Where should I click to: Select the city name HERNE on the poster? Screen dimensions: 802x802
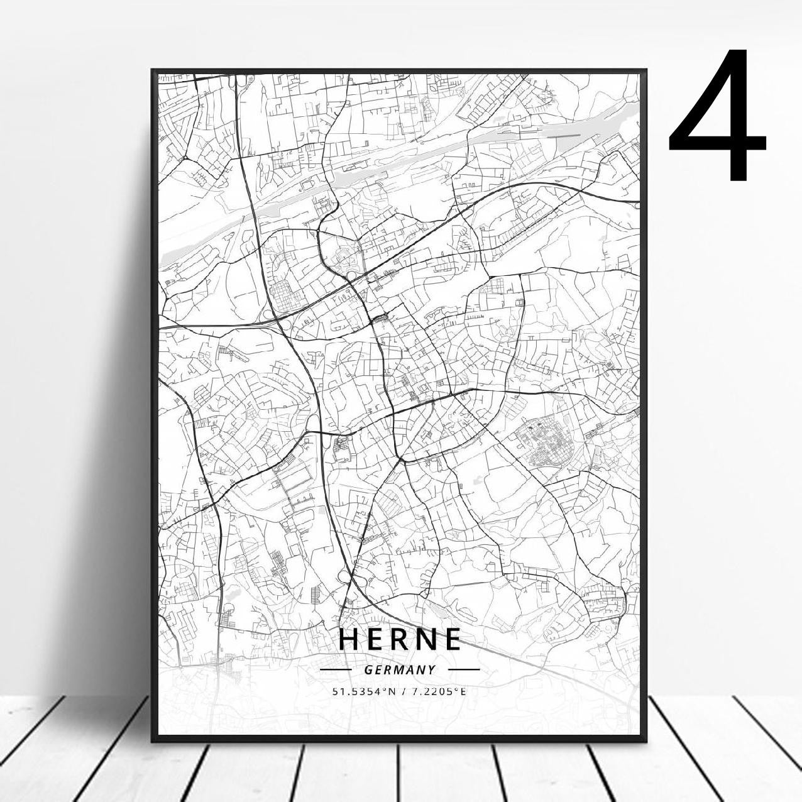pos(400,639)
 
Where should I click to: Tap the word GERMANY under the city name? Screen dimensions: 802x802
pos(399,670)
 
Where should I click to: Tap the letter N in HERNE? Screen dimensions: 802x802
pos(426,639)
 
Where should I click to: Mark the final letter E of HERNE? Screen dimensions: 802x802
pos(452,639)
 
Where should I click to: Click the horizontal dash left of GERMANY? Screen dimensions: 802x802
pos(336,670)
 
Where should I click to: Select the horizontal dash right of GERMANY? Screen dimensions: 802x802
pos(464,670)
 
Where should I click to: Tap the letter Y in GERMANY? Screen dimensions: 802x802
pos(431,670)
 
